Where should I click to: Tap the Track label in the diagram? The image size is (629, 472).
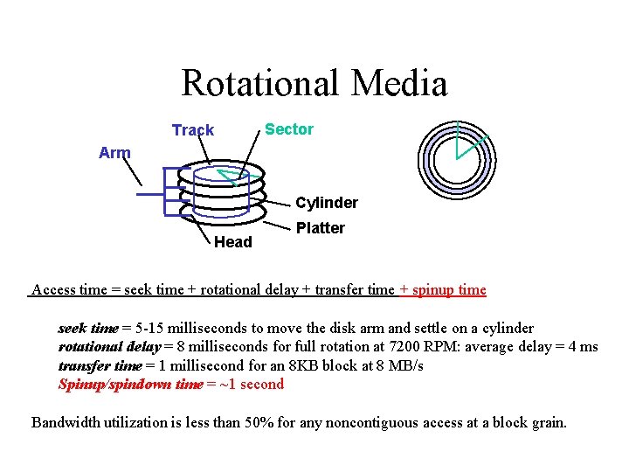[193, 130]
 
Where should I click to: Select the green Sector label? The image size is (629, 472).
[289, 129]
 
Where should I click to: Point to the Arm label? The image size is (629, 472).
[114, 153]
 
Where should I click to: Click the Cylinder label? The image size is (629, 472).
[326, 203]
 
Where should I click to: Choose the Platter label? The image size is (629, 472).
[321, 228]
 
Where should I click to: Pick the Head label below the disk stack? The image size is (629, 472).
[233, 242]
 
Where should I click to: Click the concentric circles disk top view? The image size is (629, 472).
[457, 156]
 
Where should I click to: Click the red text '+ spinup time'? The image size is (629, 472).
[443, 289]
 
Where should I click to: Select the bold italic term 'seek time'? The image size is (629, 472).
[87, 329]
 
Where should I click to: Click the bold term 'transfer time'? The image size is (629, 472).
[100, 365]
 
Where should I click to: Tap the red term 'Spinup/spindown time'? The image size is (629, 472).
[130, 384]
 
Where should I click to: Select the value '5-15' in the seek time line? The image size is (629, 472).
[148, 329]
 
